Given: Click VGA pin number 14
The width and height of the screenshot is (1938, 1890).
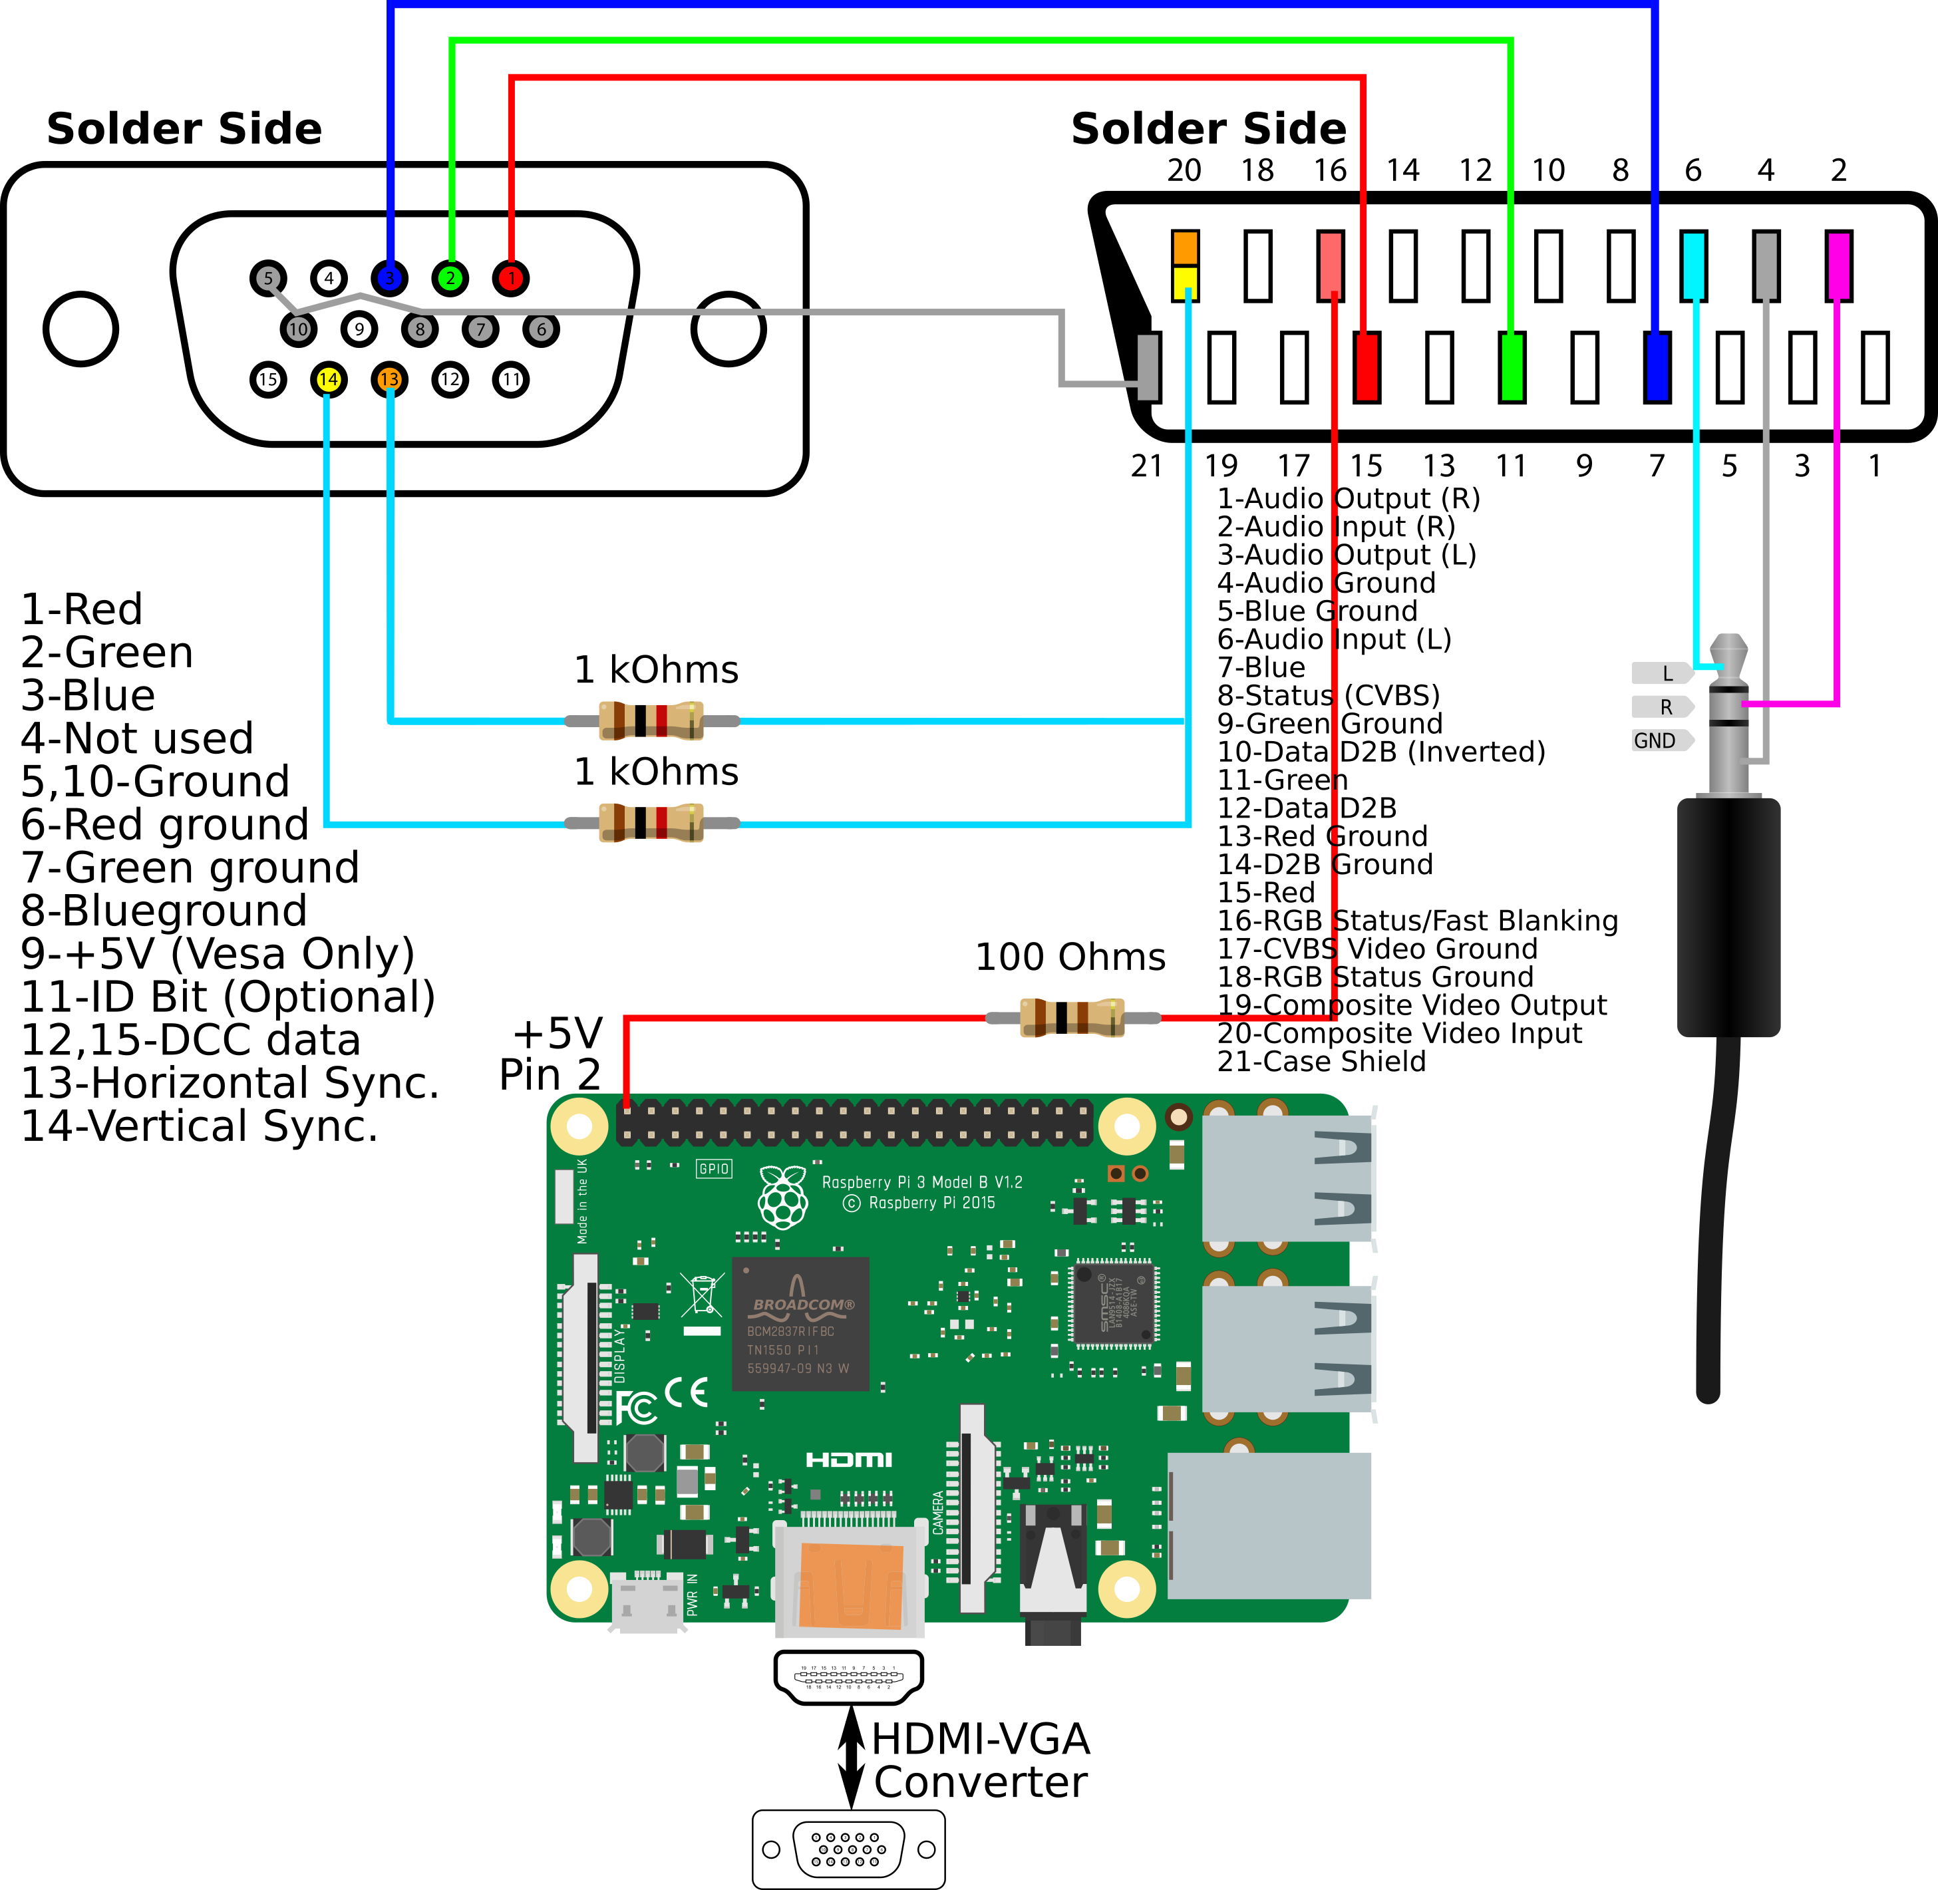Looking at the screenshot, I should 329,379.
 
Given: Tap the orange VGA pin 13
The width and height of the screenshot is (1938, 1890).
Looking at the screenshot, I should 389,379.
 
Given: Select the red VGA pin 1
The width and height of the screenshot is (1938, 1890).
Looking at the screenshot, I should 512,278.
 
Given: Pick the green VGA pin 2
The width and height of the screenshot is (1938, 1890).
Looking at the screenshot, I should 451,278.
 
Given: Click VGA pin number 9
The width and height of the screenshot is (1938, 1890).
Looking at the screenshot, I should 359,329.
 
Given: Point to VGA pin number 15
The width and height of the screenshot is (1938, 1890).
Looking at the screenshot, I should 268,379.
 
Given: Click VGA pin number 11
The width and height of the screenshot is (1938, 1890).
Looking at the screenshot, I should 512,379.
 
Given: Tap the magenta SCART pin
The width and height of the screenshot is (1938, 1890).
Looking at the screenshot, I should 1839,265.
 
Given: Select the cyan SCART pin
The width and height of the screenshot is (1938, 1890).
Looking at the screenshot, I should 1694,265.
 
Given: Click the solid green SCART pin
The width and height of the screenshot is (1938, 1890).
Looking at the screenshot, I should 1512,367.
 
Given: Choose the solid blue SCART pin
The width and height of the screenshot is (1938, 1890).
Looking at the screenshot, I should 1657,367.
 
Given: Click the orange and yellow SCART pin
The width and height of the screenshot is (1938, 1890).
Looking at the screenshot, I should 1186,265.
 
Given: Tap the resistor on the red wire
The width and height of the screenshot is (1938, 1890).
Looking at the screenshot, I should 1072,1017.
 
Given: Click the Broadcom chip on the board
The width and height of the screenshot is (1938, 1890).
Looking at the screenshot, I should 800,1323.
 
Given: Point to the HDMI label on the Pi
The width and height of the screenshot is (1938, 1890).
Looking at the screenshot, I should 849,1459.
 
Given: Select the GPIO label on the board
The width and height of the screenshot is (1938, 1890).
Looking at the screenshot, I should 714,1168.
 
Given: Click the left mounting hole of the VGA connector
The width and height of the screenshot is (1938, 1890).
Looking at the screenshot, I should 81,329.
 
